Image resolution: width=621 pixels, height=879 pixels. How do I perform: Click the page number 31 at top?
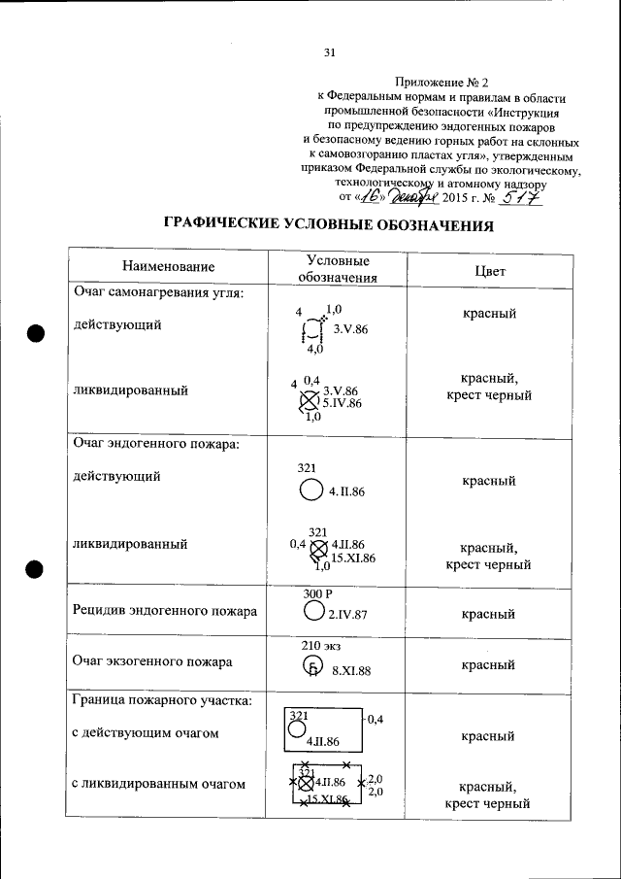[x=329, y=52]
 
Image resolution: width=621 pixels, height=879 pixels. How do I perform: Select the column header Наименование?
[x=168, y=266]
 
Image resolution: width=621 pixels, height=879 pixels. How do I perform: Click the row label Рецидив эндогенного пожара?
[x=165, y=611]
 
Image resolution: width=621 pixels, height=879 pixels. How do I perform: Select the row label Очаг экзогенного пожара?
[x=152, y=662]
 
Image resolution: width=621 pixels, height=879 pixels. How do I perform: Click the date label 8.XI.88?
[x=352, y=670]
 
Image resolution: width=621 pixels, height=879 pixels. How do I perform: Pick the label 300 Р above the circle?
[x=317, y=592]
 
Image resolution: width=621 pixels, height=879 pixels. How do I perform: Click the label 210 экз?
[x=321, y=645]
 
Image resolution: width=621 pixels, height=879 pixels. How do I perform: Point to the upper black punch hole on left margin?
[x=36, y=333]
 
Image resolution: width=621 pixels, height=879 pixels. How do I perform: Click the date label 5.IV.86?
[x=343, y=402]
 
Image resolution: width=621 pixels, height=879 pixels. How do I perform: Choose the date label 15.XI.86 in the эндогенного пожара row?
[x=353, y=558]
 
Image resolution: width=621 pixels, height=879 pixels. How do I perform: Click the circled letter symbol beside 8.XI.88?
[x=311, y=666]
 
